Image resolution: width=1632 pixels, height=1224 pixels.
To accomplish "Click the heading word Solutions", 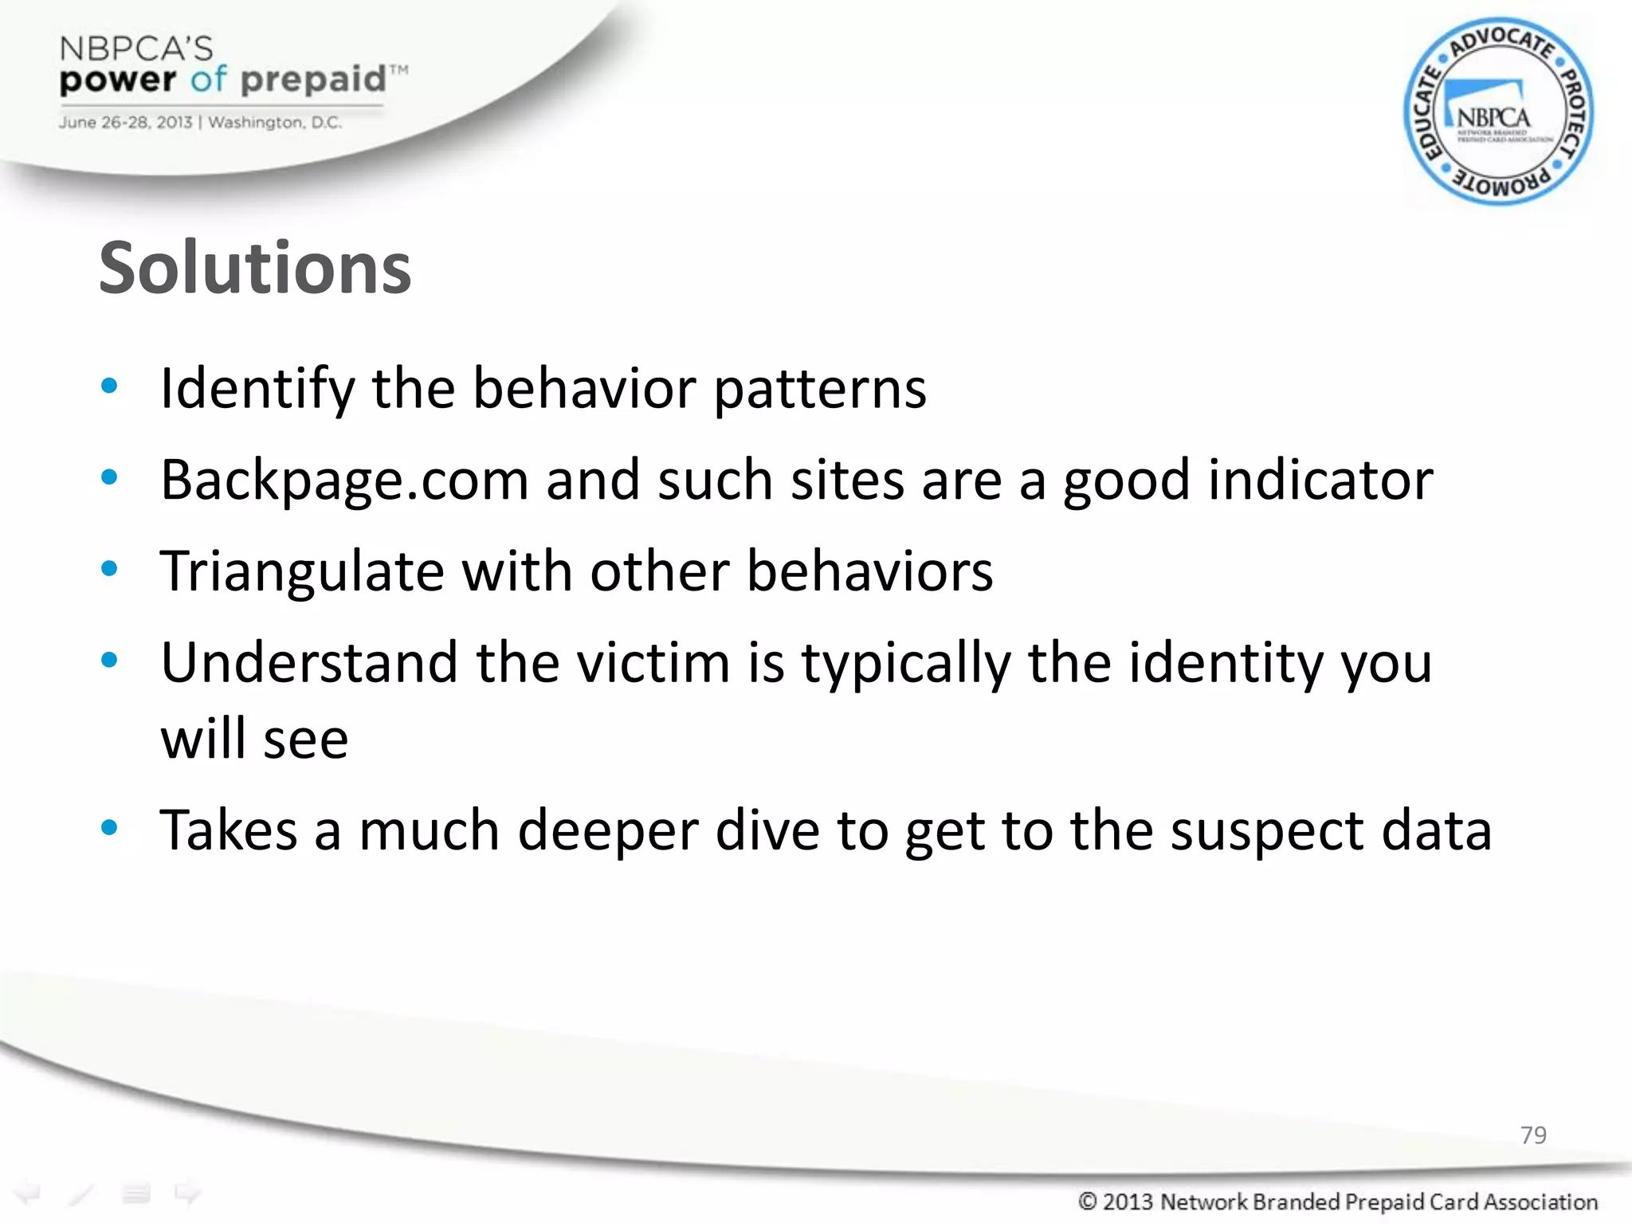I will tap(255, 268).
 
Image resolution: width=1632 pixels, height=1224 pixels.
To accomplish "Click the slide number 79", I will tap(1533, 1135).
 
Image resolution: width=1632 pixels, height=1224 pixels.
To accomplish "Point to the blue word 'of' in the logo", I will tap(209, 80).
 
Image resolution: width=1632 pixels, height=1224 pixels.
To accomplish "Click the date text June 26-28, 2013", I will tap(125, 123).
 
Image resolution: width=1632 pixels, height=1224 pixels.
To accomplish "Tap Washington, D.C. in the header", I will tap(275, 123).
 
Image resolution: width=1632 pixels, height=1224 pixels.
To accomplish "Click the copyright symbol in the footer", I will tap(1088, 1201).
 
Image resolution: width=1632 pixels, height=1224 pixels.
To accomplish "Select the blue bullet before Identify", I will tap(109, 387).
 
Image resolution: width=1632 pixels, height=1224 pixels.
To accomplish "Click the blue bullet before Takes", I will tap(109, 829).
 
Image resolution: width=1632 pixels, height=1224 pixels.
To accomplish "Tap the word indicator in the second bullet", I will tap(1320, 481).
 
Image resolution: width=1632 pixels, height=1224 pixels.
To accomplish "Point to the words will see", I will tap(254, 739).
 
